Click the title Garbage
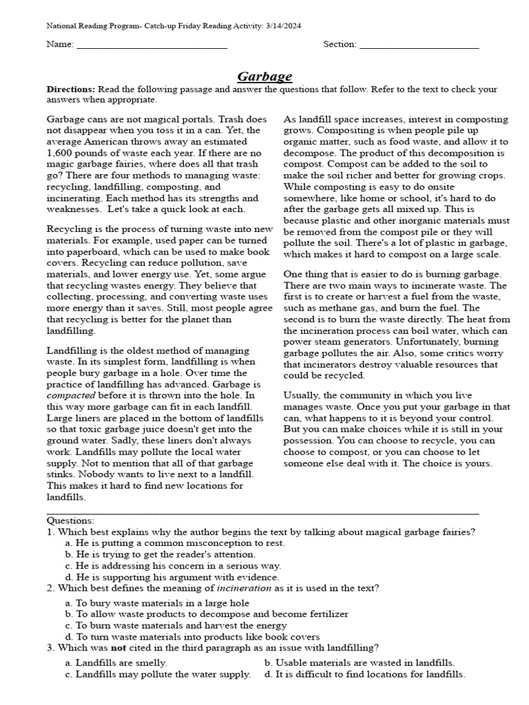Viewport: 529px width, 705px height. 264,76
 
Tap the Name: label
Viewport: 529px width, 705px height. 60,45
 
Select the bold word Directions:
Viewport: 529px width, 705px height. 71,90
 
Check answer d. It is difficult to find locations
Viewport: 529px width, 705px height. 365,674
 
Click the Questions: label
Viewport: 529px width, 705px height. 70,520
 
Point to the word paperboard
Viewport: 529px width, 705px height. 88,252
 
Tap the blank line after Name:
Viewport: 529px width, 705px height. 152,45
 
